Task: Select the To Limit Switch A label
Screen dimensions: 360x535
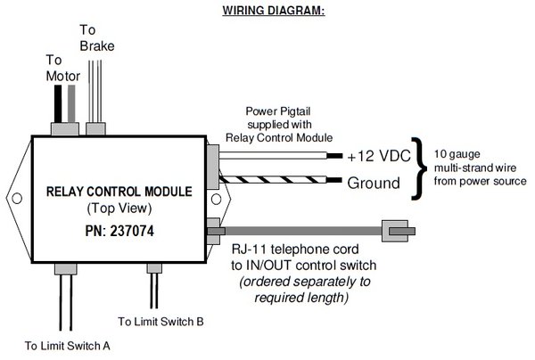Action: point(68,344)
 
